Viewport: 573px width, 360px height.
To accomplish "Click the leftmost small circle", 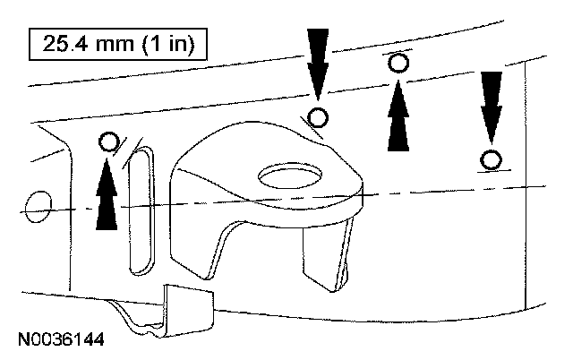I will tap(109, 141).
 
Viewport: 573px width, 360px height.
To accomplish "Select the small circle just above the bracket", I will tap(318, 116).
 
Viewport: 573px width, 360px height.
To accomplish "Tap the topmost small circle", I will tap(399, 62).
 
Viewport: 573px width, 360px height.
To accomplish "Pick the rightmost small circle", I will tap(490, 160).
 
